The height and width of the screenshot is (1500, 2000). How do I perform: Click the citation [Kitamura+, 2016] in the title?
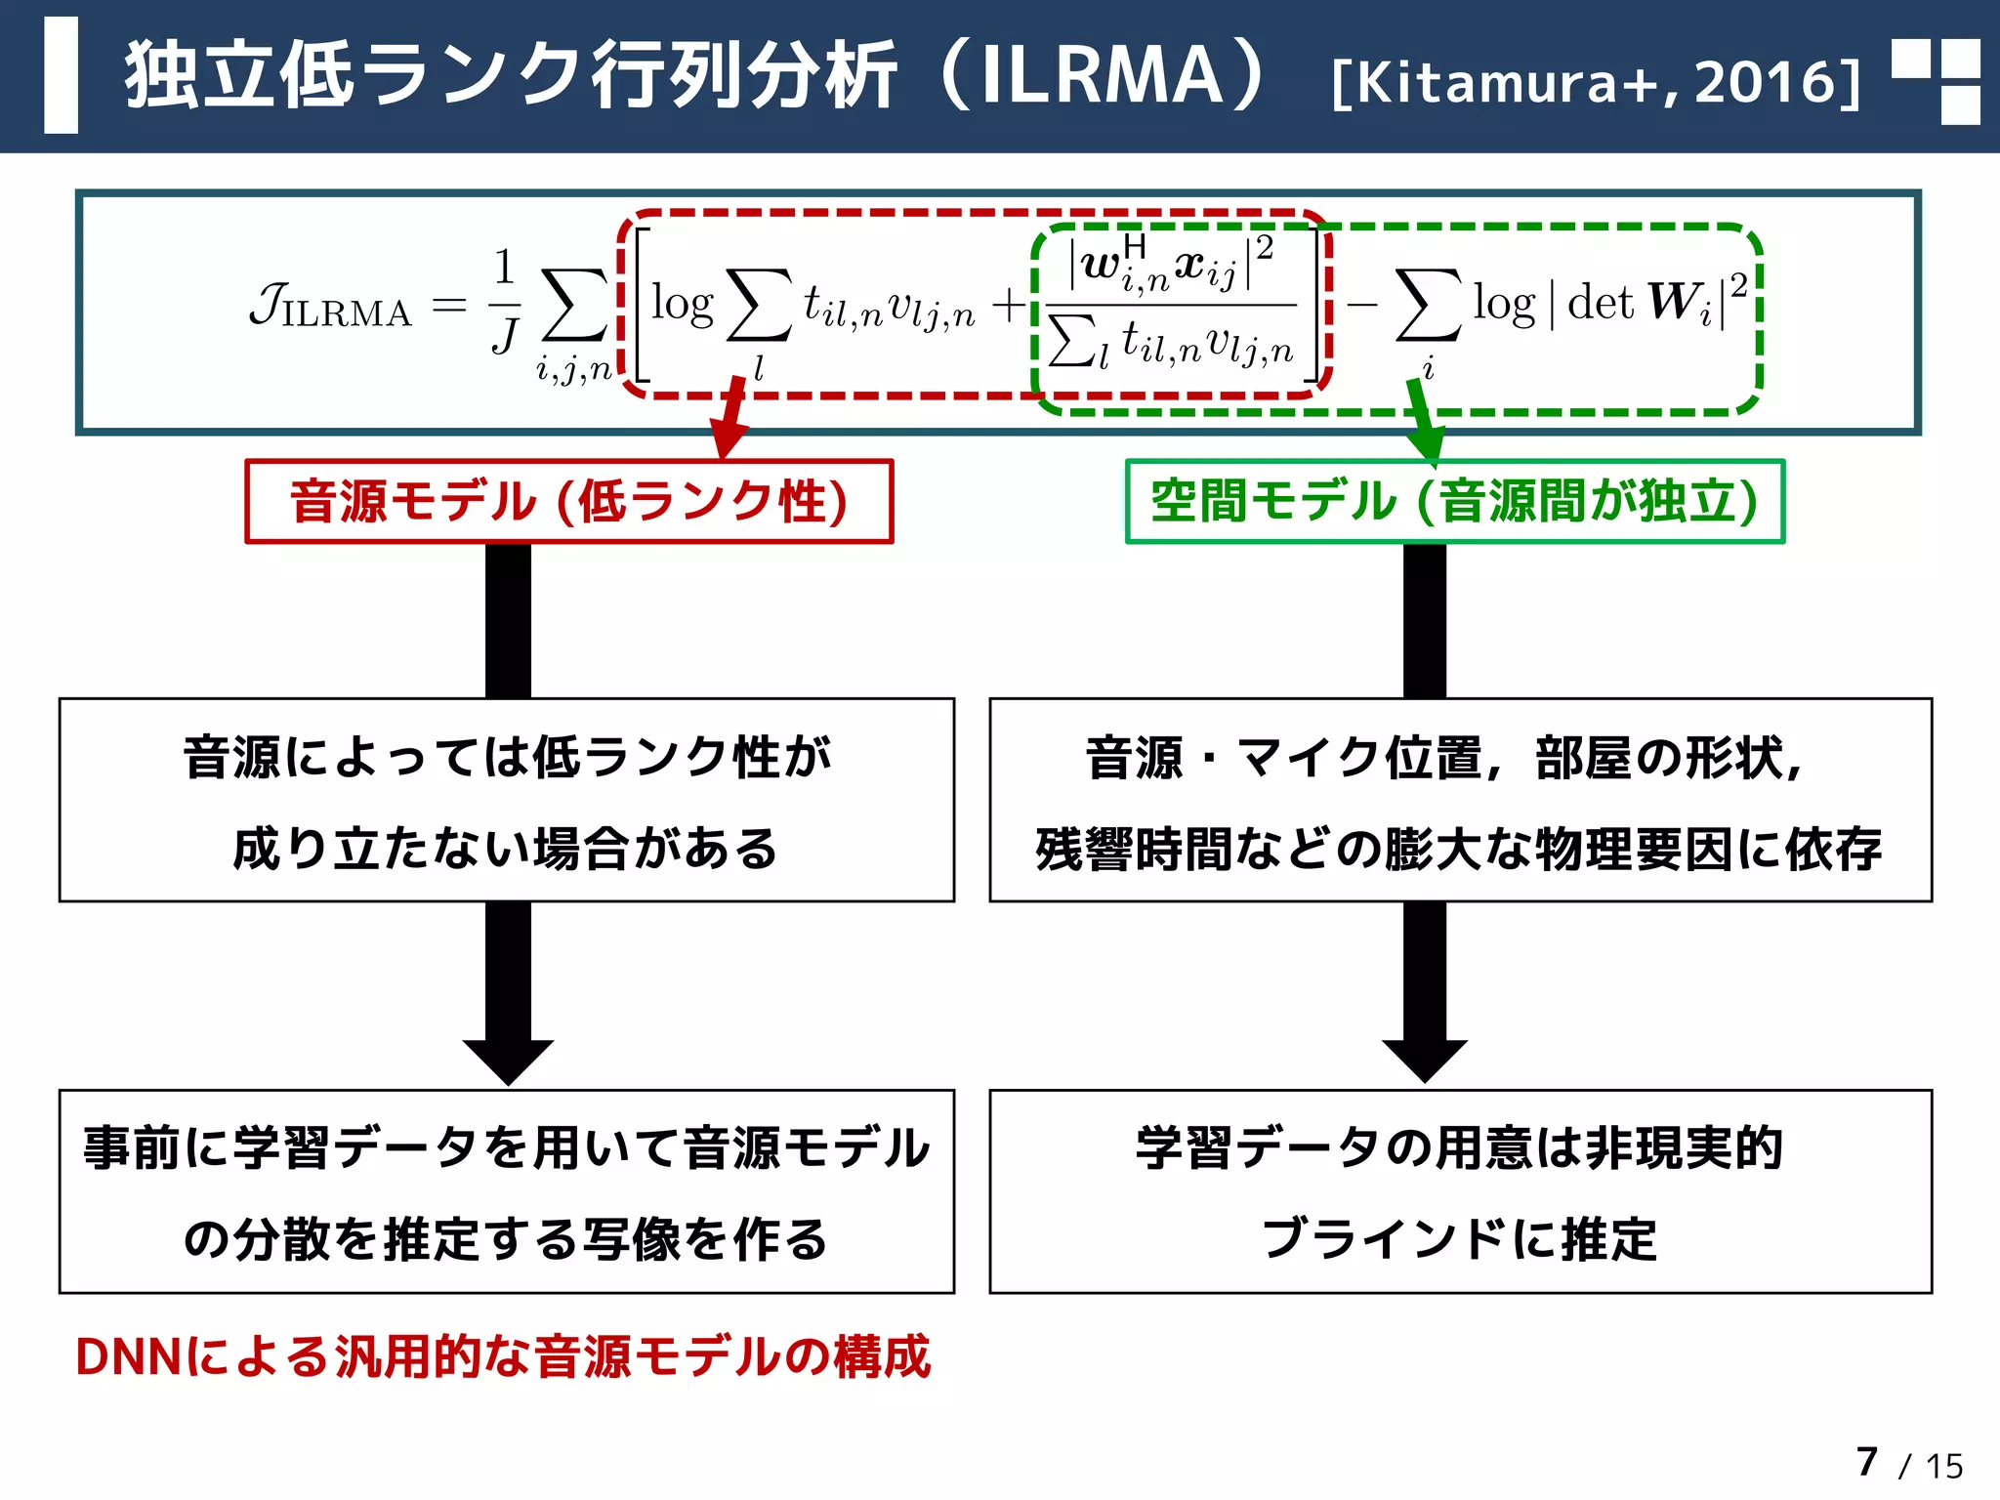tap(1596, 81)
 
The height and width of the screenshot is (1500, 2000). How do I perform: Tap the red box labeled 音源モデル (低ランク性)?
tap(568, 501)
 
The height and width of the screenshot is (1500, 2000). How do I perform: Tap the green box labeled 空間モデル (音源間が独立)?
tap(1454, 501)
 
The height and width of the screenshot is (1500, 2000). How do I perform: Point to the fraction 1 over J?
tap(504, 301)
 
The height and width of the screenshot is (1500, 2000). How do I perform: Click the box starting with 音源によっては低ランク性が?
tap(506, 800)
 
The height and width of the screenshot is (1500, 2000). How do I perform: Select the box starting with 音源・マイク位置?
tap(1460, 800)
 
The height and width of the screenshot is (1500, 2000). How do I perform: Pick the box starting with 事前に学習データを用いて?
tap(506, 1191)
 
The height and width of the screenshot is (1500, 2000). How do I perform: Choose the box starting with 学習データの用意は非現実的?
tap(1460, 1191)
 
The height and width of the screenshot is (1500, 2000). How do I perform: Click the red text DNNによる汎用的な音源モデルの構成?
tap(503, 1356)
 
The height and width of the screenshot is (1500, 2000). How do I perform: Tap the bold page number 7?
tap(1866, 1462)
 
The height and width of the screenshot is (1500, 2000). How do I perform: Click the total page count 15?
tap(1943, 1466)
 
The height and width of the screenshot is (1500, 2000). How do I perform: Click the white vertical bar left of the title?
tap(61, 75)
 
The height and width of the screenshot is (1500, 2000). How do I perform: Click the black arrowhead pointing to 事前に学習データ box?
tap(508, 1061)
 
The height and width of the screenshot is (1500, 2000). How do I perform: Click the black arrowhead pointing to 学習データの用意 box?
tap(1425, 1060)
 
